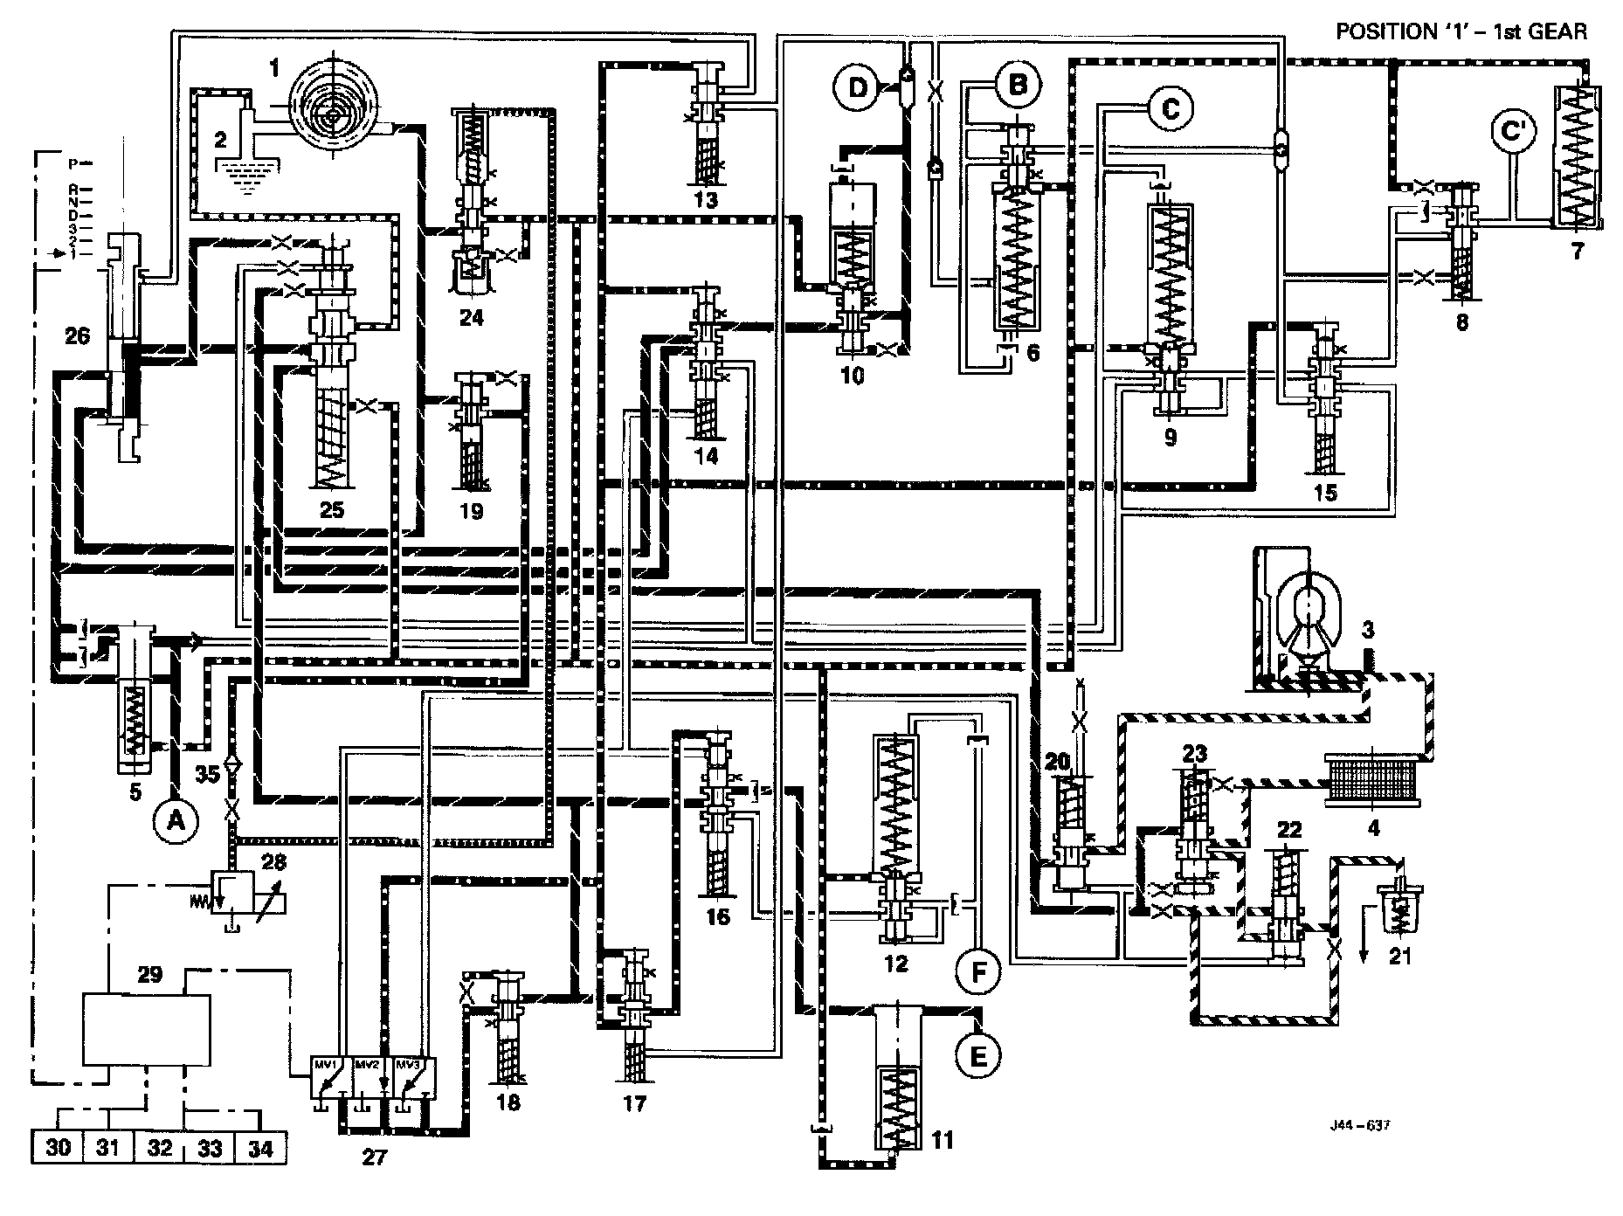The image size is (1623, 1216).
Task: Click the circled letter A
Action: pyautogui.click(x=176, y=819)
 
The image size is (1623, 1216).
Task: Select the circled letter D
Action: pyautogui.click(x=860, y=86)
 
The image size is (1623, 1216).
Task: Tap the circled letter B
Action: pyautogui.click(x=1018, y=86)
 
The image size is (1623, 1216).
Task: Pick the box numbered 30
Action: pyautogui.click(x=58, y=1147)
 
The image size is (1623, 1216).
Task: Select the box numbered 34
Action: pyautogui.click(x=260, y=1147)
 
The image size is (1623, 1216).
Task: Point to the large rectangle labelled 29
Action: pyautogui.click(x=146, y=1028)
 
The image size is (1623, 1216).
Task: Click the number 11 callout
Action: pyautogui.click(x=943, y=1139)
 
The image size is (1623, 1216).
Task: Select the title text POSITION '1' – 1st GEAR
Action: pyautogui.click(x=1461, y=32)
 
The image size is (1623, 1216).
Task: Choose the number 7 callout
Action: pyautogui.click(x=1577, y=252)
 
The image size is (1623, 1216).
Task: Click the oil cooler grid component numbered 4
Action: pyautogui.click(x=1373, y=777)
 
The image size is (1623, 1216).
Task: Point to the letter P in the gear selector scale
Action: pyautogui.click(x=74, y=162)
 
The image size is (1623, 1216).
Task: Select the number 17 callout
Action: pyautogui.click(x=635, y=1104)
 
